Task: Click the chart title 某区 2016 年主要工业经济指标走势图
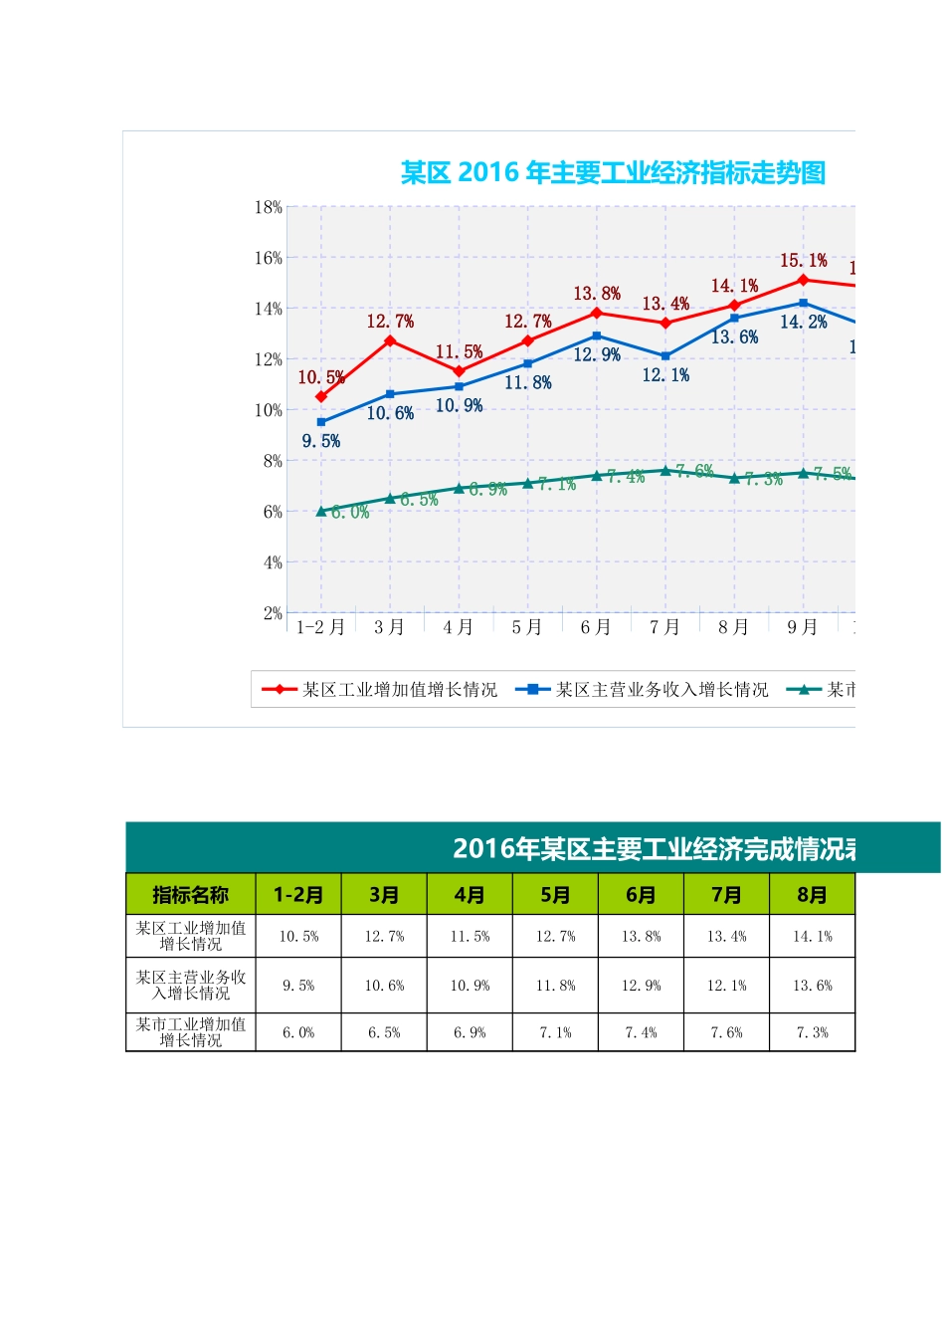tap(613, 173)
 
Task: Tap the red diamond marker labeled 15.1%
tap(803, 280)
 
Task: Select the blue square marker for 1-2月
tap(321, 422)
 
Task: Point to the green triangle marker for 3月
tap(390, 498)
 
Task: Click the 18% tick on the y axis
tap(269, 207)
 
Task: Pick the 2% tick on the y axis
tap(273, 613)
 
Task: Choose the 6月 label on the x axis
tap(596, 627)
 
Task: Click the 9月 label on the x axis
tap(803, 627)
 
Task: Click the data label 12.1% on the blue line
tap(665, 375)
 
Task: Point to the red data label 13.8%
tap(597, 294)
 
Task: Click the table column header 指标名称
tap(190, 895)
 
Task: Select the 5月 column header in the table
tap(555, 895)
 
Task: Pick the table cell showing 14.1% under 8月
tap(812, 937)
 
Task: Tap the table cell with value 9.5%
tap(298, 986)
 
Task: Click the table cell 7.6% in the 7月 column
tap(726, 1033)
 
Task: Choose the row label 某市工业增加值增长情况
tap(190, 1032)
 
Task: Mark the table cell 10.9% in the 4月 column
tap(470, 986)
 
